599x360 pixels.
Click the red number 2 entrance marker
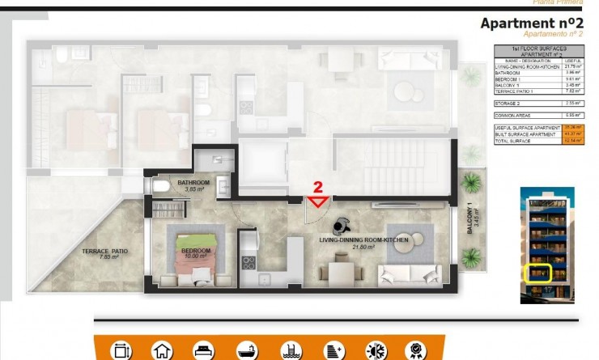tap(317, 188)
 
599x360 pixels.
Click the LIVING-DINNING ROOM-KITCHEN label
tap(363, 242)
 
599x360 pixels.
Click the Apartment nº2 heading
tap(532, 23)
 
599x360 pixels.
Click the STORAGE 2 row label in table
tap(508, 104)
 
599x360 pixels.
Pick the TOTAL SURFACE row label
tap(512, 141)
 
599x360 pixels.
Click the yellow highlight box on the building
tap(537, 273)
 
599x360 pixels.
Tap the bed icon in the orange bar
tap(201, 350)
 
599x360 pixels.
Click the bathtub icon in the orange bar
tap(245, 350)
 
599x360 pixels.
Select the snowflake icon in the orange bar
tap(376, 350)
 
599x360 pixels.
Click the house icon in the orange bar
tap(163, 350)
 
